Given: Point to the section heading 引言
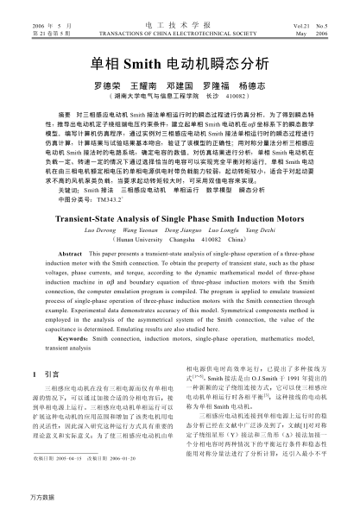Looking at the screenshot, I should pos(52,374).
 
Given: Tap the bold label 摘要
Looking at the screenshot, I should pos(63,113).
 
